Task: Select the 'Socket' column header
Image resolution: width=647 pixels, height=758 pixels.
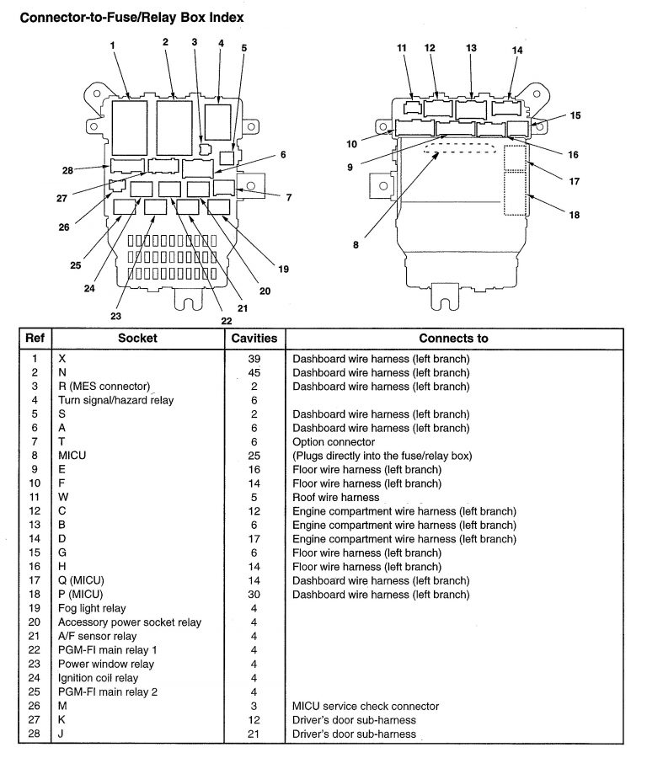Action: (137, 339)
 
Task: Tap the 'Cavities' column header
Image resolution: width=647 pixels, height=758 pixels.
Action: (254, 339)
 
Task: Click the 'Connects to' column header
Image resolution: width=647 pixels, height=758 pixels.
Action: (453, 339)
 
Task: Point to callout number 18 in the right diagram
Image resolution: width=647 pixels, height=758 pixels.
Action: (574, 215)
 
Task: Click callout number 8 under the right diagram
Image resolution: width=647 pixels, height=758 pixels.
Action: (356, 245)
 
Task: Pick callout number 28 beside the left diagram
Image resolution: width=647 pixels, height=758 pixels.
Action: (67, 170)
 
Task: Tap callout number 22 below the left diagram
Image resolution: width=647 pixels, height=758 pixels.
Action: (226, 321)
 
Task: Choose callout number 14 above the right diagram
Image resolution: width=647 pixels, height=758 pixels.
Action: (517, 51)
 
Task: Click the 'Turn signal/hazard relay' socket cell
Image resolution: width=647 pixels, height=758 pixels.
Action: (116, 400)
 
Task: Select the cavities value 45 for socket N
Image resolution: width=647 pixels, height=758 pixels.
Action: (254, 372)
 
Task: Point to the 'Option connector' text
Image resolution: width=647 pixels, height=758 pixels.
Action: (334, 442)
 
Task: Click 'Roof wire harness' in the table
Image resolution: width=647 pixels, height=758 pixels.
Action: (335, 498)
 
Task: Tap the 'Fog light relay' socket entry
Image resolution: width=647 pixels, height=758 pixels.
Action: (92, 609)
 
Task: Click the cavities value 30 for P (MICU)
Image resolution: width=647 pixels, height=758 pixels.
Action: (254, 595)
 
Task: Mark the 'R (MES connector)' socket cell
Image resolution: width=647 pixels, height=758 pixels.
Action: (104, 387)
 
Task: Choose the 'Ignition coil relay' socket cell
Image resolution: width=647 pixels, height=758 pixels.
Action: (98, 678)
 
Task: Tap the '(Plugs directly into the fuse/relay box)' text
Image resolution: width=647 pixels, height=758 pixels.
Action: (382, 456)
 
